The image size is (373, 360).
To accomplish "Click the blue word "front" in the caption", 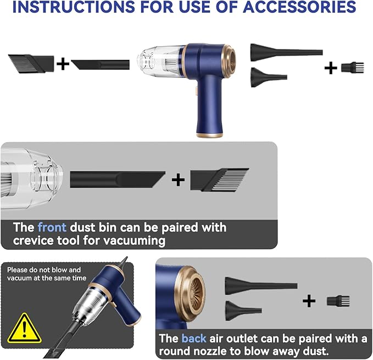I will (52, 227).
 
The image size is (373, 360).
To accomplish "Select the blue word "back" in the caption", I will (194, 339).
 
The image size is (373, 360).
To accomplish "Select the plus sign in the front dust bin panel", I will (178, 179).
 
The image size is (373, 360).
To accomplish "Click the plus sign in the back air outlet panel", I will (309, 300).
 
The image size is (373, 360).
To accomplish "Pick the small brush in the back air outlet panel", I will (338, 301).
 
